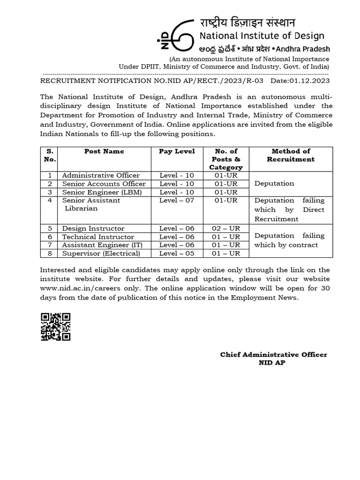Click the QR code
click(55, 327)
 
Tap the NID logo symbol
click(176, 34)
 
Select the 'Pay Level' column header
click(177, 151)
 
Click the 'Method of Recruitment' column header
click(291, 155)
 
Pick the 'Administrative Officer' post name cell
click(101, 175)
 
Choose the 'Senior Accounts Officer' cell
click(104, 184)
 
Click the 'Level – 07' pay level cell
click(177, 200)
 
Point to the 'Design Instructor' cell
click(93, 228)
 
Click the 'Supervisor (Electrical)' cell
click(101, 253)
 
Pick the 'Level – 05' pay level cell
click(177, 253)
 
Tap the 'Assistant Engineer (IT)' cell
click(102, 245)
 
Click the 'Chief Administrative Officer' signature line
click(274, 354)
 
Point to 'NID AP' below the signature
click(272, 362)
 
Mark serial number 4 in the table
click(50, 200)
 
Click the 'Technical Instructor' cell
click(98, 237)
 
